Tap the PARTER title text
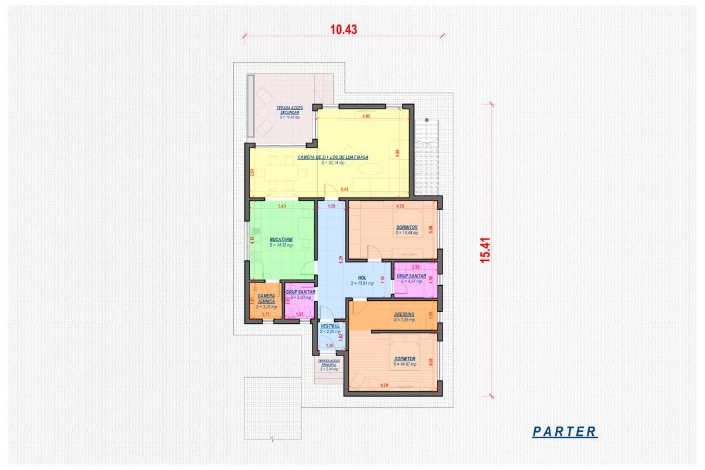pyautogui.click(x=564, y=432)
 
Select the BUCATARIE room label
pyautogui.click(x=281, y=240)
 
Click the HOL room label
pyautogui.click(x=362, y=278)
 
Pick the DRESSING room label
pyautogui.click(x=404, y=314)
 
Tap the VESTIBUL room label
pyautogui.click(x=330, y=325)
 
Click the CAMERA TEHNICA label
pyautogui.click(x=266, y=298)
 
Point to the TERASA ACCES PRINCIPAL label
pyautogui.click(x=329, y=362)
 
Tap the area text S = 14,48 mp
pyautogui.click(x=407, y=233)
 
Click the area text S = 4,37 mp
pyautogui.click(x=411, y=281)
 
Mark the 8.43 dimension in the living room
pyautogui.click(x=344, y=189)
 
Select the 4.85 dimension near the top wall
pyautogui.click(x=365, y=116)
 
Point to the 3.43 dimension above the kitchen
pyautogui.click(x=282, y=206)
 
